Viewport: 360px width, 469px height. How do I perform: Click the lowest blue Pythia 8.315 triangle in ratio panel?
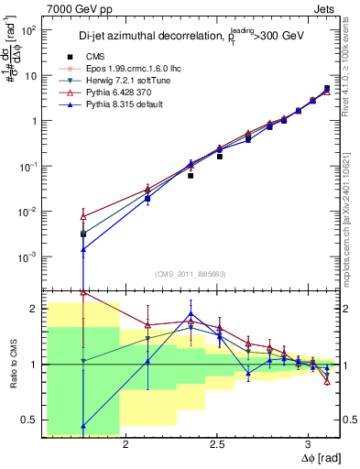(x=83, y=425)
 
